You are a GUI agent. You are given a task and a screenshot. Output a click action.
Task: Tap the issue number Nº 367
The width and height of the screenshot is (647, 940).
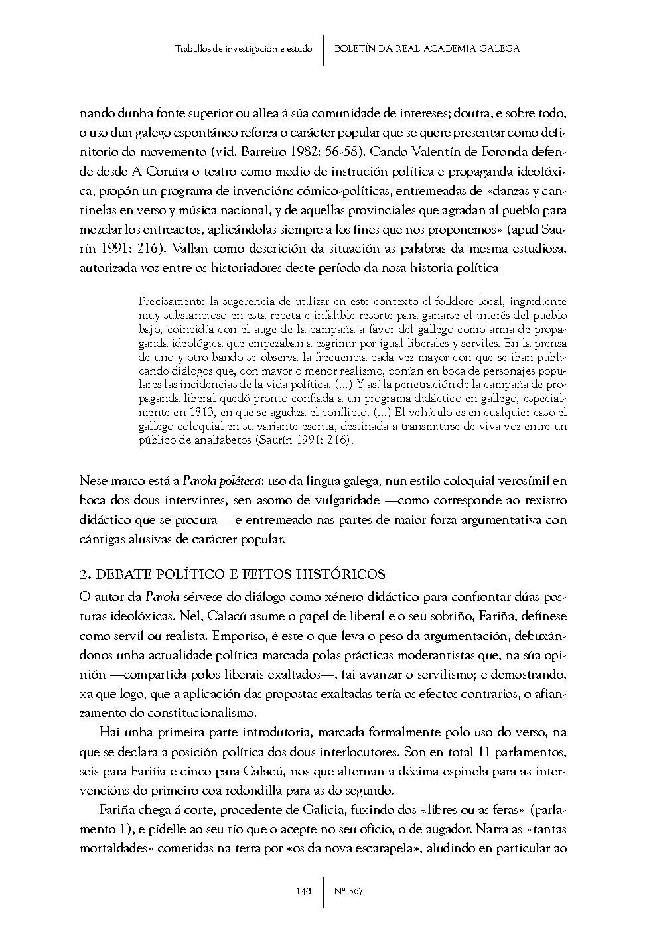349,891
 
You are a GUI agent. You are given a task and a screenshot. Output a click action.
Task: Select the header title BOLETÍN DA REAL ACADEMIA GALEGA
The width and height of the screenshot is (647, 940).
427,48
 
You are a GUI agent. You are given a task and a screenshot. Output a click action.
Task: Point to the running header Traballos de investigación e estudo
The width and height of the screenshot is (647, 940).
244,49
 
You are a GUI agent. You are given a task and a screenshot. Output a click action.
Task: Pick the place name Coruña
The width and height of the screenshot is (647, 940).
166,172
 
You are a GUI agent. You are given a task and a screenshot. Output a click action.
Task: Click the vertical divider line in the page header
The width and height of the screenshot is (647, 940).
323,50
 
